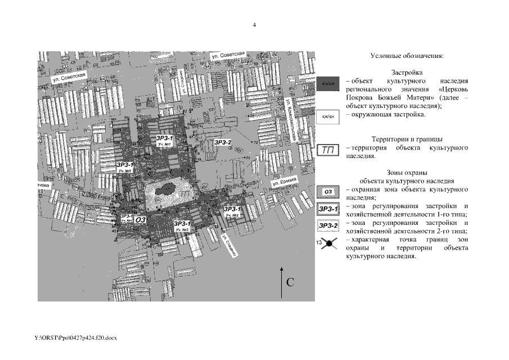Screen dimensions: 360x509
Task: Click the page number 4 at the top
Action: pyautogui.click(x=254, y=25)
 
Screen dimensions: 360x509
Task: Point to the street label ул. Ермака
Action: pyautogui.click(x=283, y=182)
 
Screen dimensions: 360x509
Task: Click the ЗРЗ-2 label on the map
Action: pyautogui.click(x=223, y=142)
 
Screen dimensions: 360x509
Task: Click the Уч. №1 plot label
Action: pyautogui.click(x=165, y=145)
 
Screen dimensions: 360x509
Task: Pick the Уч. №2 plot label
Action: pyautogui.click(x=233, y=215)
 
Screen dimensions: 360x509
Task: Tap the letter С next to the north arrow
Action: pyautogui.click(x=291, y=282)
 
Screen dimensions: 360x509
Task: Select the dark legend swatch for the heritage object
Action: pyautogui.click(x=328, y=84)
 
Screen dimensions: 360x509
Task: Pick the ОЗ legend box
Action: pyautogui.click(x=328, y=192)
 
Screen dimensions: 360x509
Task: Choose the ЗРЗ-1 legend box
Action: pyautogui.click(x=328, y=209)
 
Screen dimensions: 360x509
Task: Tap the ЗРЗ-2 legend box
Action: pyautogui.click(x=328, y=226)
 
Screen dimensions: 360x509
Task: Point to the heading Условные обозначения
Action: pyautogui.click(x=407, y=56)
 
